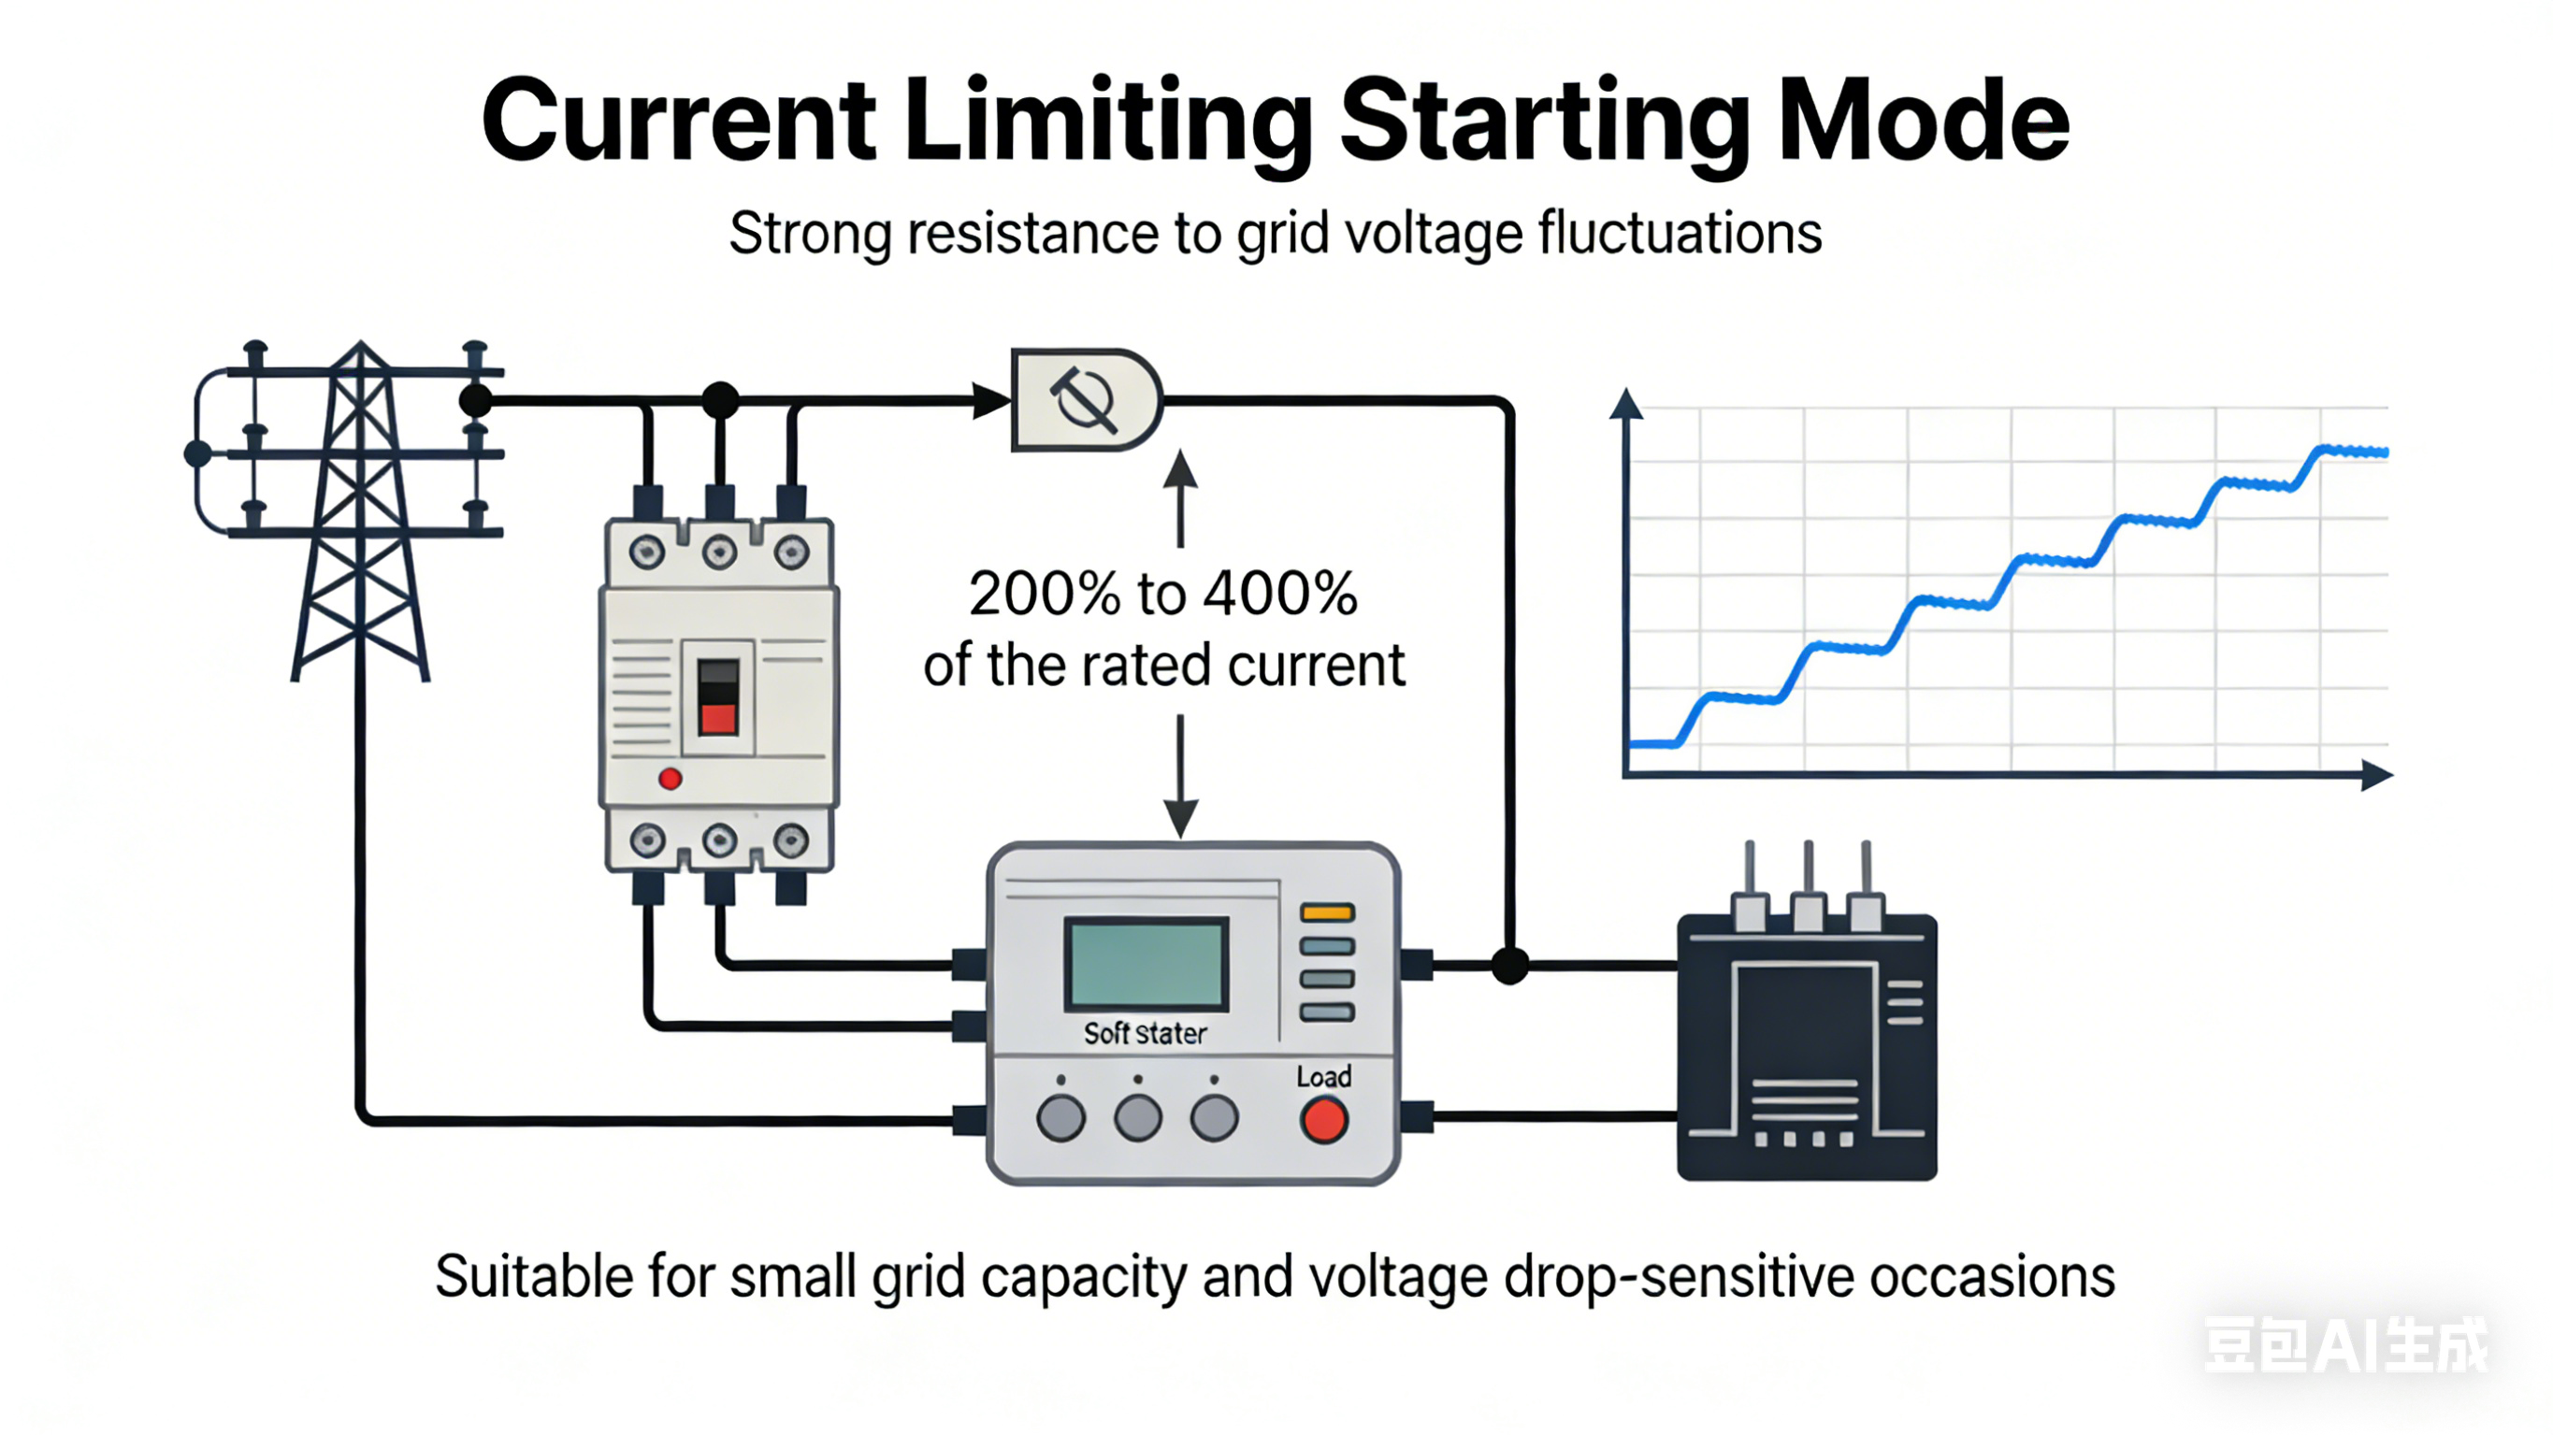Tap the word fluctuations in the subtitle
1679,234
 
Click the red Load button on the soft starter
1324,1121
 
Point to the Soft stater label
1145,1034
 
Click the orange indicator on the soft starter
1327,912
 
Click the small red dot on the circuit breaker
670,779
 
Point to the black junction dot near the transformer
1509,964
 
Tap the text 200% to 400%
1162,594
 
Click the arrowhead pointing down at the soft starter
1180,819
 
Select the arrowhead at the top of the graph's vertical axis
1626,403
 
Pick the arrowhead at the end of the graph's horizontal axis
2376,775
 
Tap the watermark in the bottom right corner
2344,1346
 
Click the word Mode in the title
1924,121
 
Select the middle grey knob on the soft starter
1138,1119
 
